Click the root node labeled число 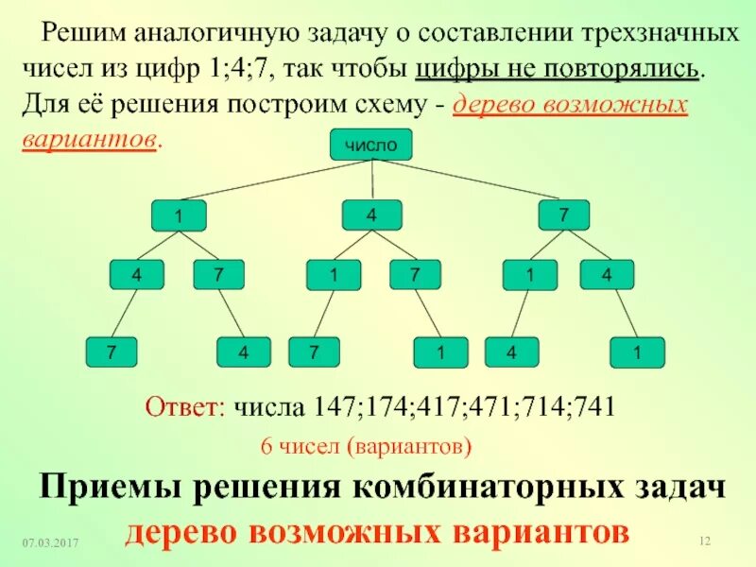[371, 145]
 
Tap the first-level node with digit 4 [371, 215]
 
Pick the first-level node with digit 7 [563, 215]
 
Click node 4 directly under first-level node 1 [136, 275]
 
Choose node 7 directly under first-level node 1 [218, 275]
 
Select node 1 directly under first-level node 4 [334, 275]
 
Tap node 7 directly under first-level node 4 [414, 275]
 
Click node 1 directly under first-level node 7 [530, 275]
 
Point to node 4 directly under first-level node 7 [607, 275]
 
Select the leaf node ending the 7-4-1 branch [637, 353]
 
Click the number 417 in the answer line [426, 408]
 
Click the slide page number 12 [703, 541]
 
